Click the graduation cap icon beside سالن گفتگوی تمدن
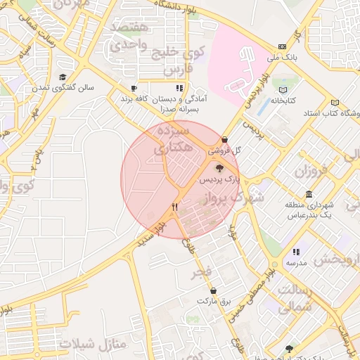(63, 77)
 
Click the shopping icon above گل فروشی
(224, 139)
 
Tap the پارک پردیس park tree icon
(219, 168)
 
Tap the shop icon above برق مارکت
(213, 290)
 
